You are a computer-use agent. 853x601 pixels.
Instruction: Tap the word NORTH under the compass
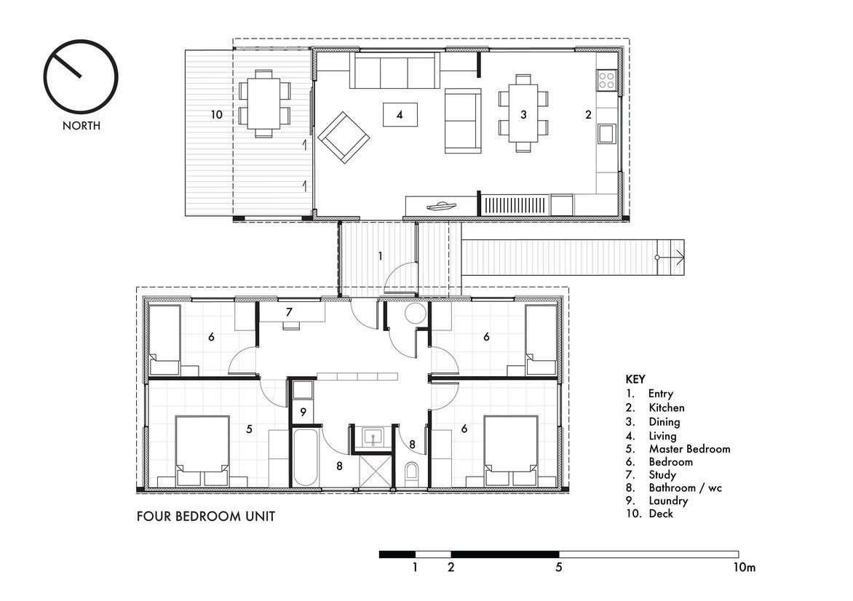(x=81, y=126)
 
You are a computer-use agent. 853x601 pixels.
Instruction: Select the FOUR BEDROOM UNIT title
(x=206, y=516)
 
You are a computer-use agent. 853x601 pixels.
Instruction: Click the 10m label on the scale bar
(x=745, y=568)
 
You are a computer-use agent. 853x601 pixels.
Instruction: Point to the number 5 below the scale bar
(x=559, y=568)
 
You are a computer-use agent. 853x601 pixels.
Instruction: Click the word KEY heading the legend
(x=635, y=380)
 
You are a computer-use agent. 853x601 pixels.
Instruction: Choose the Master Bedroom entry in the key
(x=689, y=449)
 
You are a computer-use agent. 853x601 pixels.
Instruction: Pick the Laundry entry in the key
(x=668, y=501)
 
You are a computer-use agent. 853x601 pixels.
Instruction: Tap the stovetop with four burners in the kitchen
(x=606, y=80)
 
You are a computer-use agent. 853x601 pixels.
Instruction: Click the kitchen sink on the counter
(x=606, y=133)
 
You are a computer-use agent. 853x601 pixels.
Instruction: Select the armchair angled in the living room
(x=344, y=137)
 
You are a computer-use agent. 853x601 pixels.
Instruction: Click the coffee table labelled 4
(x=400, y=115)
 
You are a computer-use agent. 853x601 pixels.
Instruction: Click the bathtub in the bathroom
(x=305, y=458)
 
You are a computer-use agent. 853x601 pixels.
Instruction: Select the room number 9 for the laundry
(x=303, y=413)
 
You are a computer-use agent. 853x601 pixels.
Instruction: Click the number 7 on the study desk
(x=289, y=312)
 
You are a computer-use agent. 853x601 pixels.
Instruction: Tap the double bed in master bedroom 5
(x=202, y=451)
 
